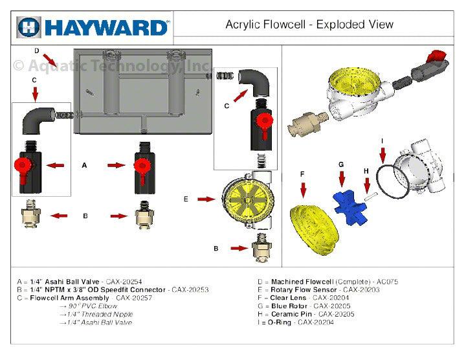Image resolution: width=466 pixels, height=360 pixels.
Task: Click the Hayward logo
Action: pos(94,27)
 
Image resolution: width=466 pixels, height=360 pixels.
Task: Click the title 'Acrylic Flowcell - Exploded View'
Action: pos(309,25)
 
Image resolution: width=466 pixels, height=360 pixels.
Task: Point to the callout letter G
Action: pos(341,164)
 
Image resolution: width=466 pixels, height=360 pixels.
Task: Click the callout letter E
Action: pos(186,199)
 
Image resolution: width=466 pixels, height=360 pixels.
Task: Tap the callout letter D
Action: pos(37,51)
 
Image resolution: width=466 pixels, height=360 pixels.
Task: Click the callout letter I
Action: pos(382,141)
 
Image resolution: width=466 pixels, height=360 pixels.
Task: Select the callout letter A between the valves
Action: pos(84,166)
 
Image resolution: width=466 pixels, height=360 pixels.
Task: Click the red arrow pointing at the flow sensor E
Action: pos(206,199)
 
